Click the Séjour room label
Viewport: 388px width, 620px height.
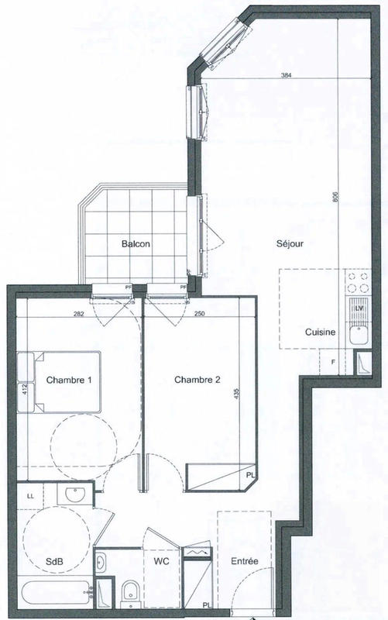pos(289,243)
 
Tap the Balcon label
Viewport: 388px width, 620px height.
pos(135,243)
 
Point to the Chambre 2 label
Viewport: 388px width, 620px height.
pos(197,380)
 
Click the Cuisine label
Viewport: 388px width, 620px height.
pos(320,332)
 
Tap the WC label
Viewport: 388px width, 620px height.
pos(161,560)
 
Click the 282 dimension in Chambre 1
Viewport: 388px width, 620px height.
pos(78,314)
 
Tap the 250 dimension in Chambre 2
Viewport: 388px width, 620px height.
pos(199,314)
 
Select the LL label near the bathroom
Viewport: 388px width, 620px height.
pos(31,494)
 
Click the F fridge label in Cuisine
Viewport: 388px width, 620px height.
pos(332,362)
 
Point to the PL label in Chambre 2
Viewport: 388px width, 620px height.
pos(250,475)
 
